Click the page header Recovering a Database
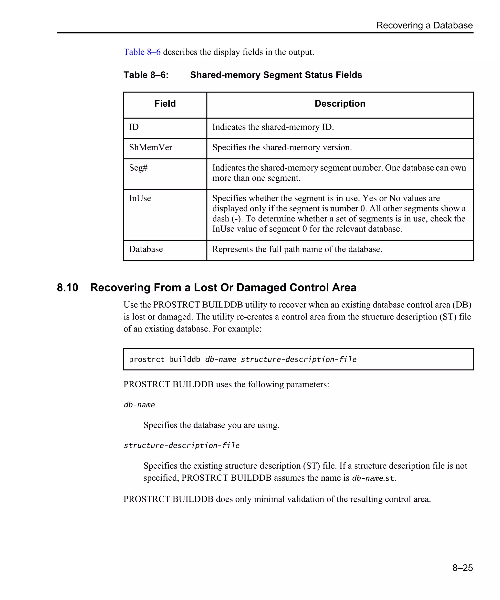click(x=424, y=25)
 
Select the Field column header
click(x=165, y=103)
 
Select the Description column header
click(x=339, y=103)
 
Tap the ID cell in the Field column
click(x=134, y=127)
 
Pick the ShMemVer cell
click(x=151, y=147)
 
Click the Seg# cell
click(x=138, y=168)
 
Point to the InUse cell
click(x=140, y=198)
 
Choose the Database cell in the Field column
click(x=146, y=249)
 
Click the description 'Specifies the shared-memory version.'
click(x=282, y=147)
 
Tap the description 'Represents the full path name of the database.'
click(x=297, y=249)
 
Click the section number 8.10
click(x=67, y=287)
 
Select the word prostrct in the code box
click(x=146, y=359)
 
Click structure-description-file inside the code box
click(x=298, y=359)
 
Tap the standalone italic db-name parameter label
click(x=139, y=405)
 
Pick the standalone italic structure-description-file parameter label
click(x=181, y=445)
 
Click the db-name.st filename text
click(x=373, y=478)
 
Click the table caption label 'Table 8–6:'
click(x=146, y=75)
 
